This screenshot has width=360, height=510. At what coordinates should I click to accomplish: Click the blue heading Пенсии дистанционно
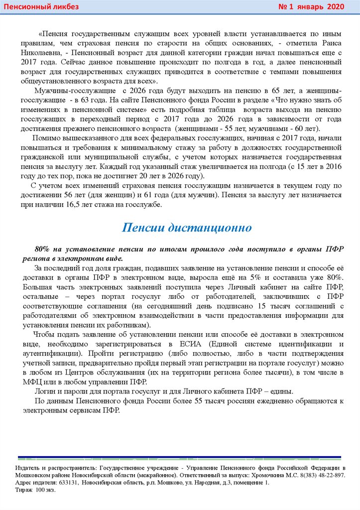tap(187, 228)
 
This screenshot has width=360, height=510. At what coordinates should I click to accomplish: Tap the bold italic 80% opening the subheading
tap(44, 249)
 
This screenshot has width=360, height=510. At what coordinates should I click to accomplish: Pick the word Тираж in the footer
tap(23, 490)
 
